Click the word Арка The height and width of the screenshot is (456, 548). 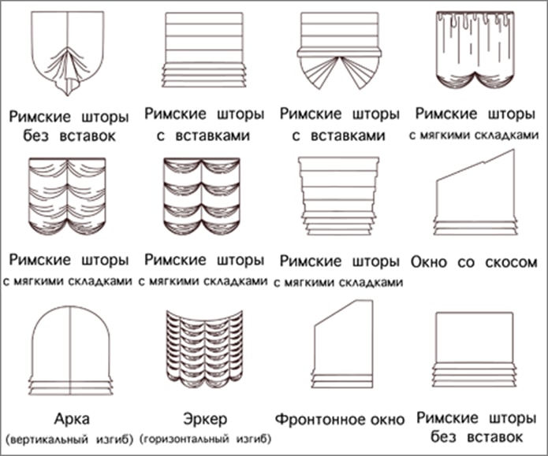pos(72,418)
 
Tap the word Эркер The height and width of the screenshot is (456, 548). pos(205,419)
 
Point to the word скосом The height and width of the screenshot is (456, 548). pos(511,262)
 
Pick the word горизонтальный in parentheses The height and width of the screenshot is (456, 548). pos(185,439)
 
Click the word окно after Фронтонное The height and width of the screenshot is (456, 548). pos(378,419)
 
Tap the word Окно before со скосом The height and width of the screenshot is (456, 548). pos(429,262)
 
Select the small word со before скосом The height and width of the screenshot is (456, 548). pos(466,262)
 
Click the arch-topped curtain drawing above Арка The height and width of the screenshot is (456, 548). pos(71,350)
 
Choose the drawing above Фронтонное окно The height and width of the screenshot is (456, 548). pos(343,344)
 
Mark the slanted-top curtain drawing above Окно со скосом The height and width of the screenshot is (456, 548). pos(475,192)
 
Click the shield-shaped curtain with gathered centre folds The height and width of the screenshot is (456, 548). pos(68,53)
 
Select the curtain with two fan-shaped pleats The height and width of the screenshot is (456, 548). pos(339,51)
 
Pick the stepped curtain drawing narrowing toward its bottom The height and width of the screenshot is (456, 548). pos(338,196)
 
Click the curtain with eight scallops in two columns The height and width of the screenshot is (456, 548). pos(202,197)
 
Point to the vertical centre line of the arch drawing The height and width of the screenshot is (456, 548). pos(71,350)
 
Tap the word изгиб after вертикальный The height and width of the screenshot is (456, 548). pos(114,439)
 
